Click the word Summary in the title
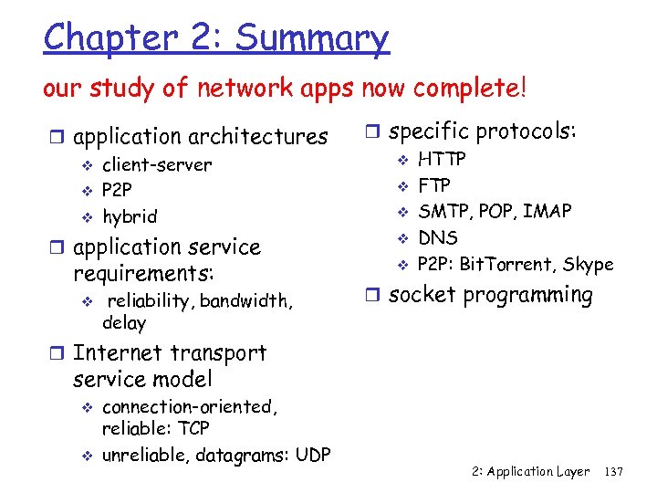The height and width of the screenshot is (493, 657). tap(311, 38)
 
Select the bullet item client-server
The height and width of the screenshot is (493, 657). tap(156, 165)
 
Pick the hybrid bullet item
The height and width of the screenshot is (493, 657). tap(129, 216)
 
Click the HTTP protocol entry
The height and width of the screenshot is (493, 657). tap(442, 160)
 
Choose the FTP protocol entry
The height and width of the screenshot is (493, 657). tap(433, 186)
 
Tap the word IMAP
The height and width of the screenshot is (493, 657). tap(547, 212)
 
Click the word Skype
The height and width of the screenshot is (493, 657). tap(589, 265)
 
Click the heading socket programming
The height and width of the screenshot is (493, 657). tap(491, 295)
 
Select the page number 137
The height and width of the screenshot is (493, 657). tap(614, 472)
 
